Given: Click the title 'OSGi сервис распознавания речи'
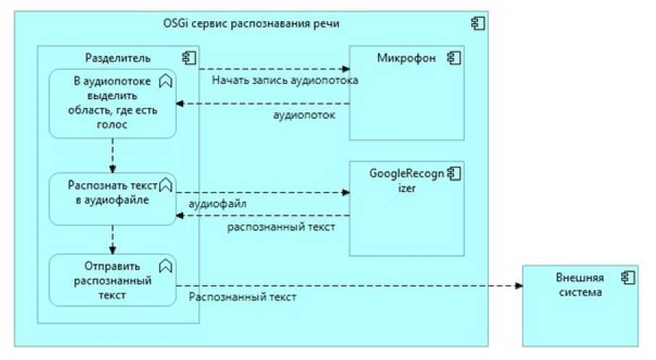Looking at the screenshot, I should pos(251,24).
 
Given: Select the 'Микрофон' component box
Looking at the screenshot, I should pos(406,101).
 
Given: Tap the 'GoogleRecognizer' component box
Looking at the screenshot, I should pos(406,217).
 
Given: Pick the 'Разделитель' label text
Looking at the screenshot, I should pos(118,58).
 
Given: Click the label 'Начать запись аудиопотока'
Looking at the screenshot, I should pos(285,80).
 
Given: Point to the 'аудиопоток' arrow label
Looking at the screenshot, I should pos(304,114).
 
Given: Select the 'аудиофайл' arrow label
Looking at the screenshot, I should pos(217,204).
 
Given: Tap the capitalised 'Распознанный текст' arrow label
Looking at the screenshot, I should pos(242,297).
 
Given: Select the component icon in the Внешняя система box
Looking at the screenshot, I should pos(626,277).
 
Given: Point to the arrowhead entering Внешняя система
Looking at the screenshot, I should pos(518,285).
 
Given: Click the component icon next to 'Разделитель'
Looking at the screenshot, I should pos(188,58).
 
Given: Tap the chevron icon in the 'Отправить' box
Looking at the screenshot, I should pos(165,265).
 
